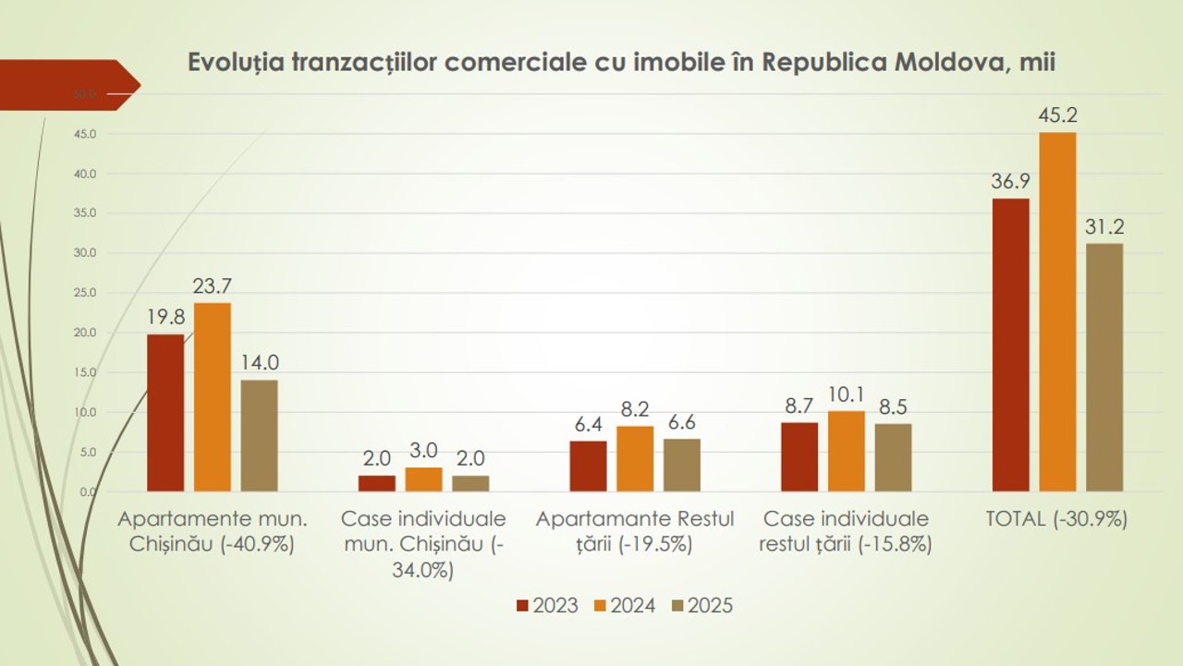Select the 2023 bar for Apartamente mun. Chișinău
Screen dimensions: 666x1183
click(x=165, y=412)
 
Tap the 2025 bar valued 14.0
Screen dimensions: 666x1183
click(x=260, y=435)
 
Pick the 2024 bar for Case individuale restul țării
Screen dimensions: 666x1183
click(x=846, y=451)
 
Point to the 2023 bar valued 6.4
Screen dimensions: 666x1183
click(x=588, y=466)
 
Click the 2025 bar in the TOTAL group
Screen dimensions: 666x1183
click(x=1104, y=367)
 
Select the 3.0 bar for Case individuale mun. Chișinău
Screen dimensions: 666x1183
click(x=423, y=478)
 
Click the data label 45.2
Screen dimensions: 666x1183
click(x=1057, y=116)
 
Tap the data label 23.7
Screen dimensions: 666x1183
click(x=212, y=286)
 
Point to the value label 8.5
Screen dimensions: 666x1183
click(x=893, y=407)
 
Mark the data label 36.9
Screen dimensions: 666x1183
click(x=1010, y=182)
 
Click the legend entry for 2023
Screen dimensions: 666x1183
click(x=547, y=606)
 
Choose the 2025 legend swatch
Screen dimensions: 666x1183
click(x=677, y=606)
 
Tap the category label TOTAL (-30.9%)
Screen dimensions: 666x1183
click(x=1056, y=519)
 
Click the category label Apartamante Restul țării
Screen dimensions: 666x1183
click(x=635, y=531)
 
